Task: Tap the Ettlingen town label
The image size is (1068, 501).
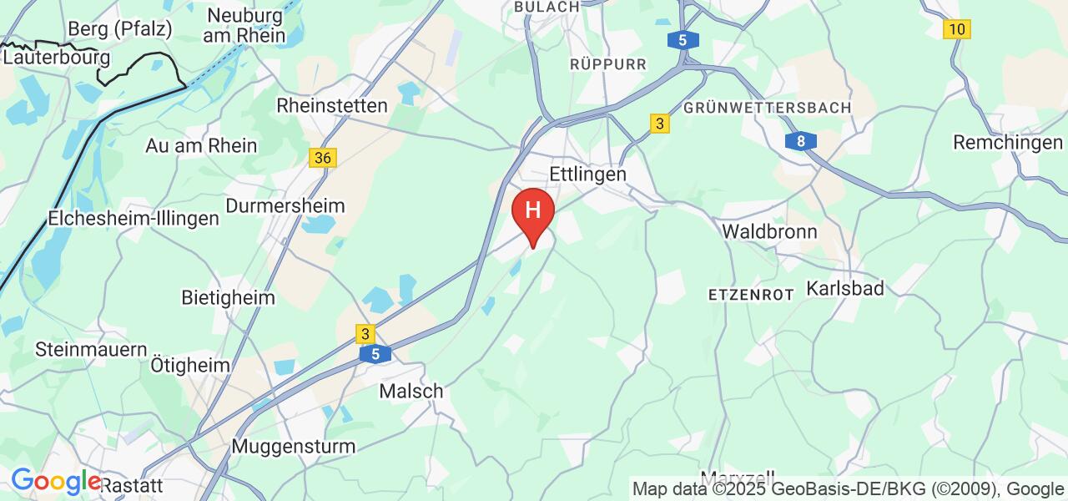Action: pyautogui.click(x=588, y=175)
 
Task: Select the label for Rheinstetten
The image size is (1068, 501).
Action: pyautogui.click(x=332, y=106)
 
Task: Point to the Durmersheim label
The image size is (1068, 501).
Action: pyautogui.click(x=285, y=205)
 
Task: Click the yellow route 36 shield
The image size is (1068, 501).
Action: pyautogui.click(x=323, y=158)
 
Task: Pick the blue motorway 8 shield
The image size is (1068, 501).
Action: pyautogui.click(x=800, y=141)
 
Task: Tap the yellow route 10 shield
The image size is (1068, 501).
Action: pyautogui.click(x=956, y=29)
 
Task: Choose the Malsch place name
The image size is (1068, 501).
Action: pyautogui.click(x=411, y=391)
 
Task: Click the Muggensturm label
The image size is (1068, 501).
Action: pyautogui.click(x=293, y=446)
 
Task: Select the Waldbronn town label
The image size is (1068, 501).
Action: pyautogui.click(x=769, y=231)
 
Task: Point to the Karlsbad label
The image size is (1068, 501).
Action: pyautogui.click(x=845, y=289)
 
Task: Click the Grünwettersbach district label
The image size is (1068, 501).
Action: pyautogui.click(x=767, y=109)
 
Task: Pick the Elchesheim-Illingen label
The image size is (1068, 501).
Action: pyautogui.click(x=133, y=219)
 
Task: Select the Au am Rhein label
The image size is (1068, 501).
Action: pyautogui.click(x=201, y=145)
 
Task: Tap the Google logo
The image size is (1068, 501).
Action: pyautogui.click(x=55, y=482)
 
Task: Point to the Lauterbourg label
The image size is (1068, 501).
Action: pyautogui.click(x=57, y=58)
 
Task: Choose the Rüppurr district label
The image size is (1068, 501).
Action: pyautogui.click(x=608, y=63)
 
